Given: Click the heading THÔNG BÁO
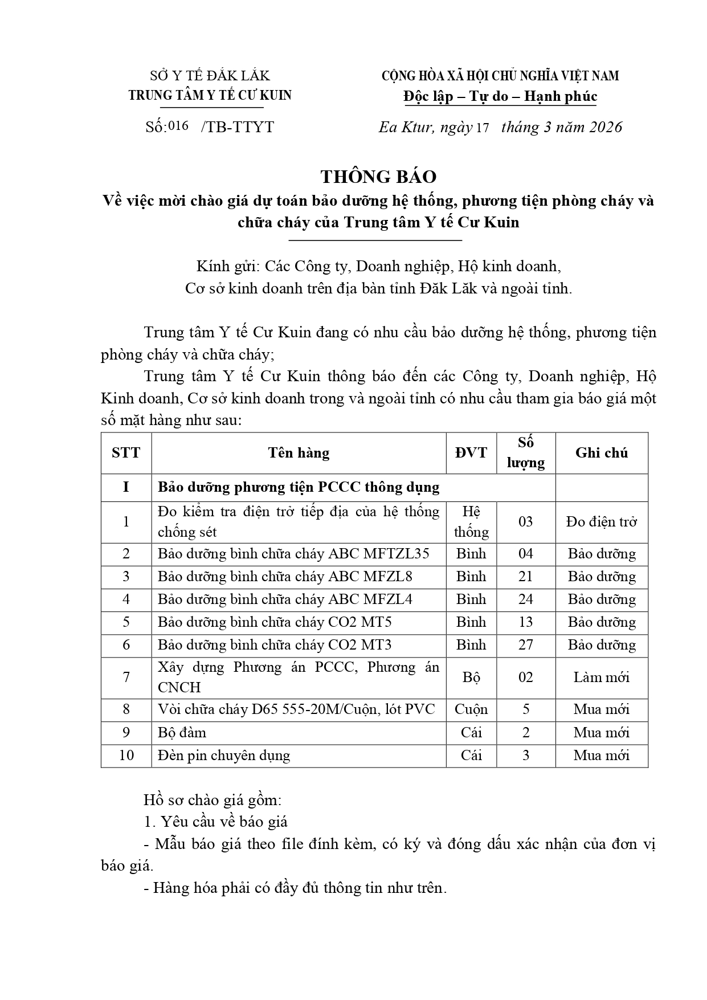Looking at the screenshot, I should pos(378,177).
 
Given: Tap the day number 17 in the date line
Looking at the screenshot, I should pos(482,128).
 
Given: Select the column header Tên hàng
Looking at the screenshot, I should pos(299,453).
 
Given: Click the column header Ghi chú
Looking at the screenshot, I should pos(601,453).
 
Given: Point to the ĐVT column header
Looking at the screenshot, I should pos(471,453).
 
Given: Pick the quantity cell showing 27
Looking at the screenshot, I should pos(525,645).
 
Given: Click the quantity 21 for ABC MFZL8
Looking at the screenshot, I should pos(525,577).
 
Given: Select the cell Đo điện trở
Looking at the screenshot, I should pos(601,522).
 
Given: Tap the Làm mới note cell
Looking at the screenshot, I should pos(601,677).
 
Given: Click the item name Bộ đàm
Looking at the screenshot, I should pos(182,733).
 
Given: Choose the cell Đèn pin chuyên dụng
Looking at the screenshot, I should pos(224,756).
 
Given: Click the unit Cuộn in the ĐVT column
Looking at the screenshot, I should pos(471,710).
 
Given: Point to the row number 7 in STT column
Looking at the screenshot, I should pos(126,677).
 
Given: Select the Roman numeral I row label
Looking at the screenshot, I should pos(126,488).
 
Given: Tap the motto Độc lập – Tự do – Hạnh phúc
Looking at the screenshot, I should pos(500,96).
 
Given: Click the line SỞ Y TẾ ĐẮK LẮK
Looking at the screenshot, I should pos(210,76).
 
